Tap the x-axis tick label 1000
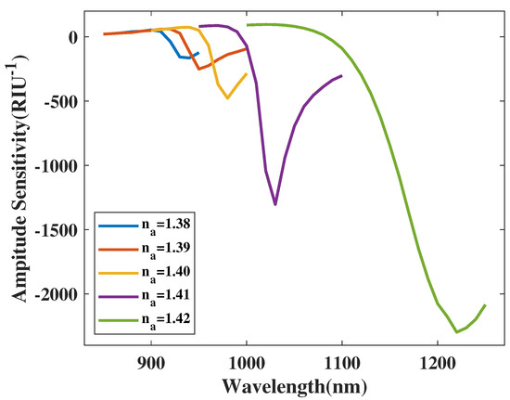247,364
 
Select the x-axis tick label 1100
342,364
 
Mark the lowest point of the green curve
457,331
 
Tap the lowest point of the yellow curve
227,97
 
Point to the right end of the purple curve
342,76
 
